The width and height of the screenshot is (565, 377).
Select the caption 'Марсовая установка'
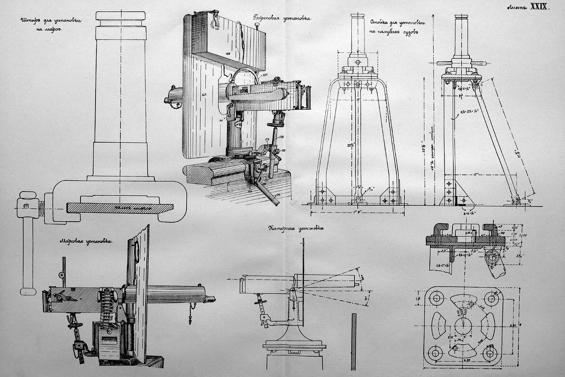click(x=86, y=241)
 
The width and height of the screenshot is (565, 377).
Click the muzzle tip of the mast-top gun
click(x=212, y=298)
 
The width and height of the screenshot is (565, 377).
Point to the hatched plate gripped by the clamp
click(x=120, y=208)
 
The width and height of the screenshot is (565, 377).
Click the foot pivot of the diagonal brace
click(x=517, y=201)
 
